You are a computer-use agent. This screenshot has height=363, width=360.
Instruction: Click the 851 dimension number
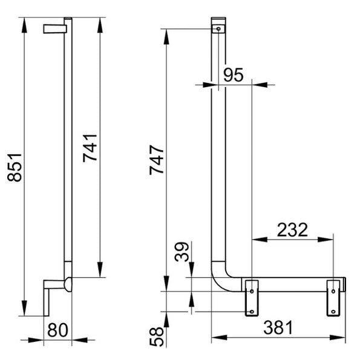pyautogui.click(x=15, y=167)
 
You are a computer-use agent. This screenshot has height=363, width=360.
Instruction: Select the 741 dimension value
pyautogui.click(x=90, y=148)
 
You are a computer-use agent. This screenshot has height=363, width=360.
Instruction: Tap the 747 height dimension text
pyautogui.click(x=157, y=160)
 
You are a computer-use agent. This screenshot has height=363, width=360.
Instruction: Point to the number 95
pyautogui.click(x=234, y=75)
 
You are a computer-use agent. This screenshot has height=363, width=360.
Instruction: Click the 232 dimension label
pyautogui.click(x=292, y=230)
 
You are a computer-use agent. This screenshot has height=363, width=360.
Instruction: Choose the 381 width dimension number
pyautogui.click(x=278, y=327)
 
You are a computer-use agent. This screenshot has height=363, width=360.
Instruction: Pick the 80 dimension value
pyautogui.click(x=57, y=330)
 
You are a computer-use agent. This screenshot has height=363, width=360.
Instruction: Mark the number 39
pyautogui.click(x=182, y=252)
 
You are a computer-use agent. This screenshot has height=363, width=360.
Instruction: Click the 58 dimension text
pyautogui.click(x=157, y=336)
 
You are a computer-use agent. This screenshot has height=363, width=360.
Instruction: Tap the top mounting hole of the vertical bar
pyautogui.click(x=218, y=28)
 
